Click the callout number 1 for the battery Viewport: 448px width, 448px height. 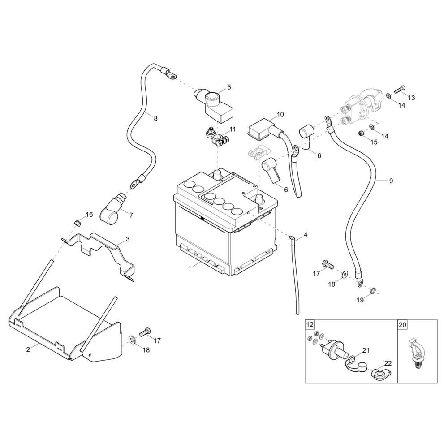coord(190,267)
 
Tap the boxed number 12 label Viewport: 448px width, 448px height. coord(310,324)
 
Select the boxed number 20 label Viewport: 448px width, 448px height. coord(402,324)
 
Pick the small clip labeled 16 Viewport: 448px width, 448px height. coord(77,222)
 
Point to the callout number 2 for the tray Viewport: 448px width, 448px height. coord(28,350)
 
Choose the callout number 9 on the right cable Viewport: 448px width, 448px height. coord(391,181)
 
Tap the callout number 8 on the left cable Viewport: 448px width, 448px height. coord(155,119)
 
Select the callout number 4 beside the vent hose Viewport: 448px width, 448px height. coord(306,234)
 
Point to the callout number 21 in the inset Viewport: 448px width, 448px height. coord(366,350)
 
